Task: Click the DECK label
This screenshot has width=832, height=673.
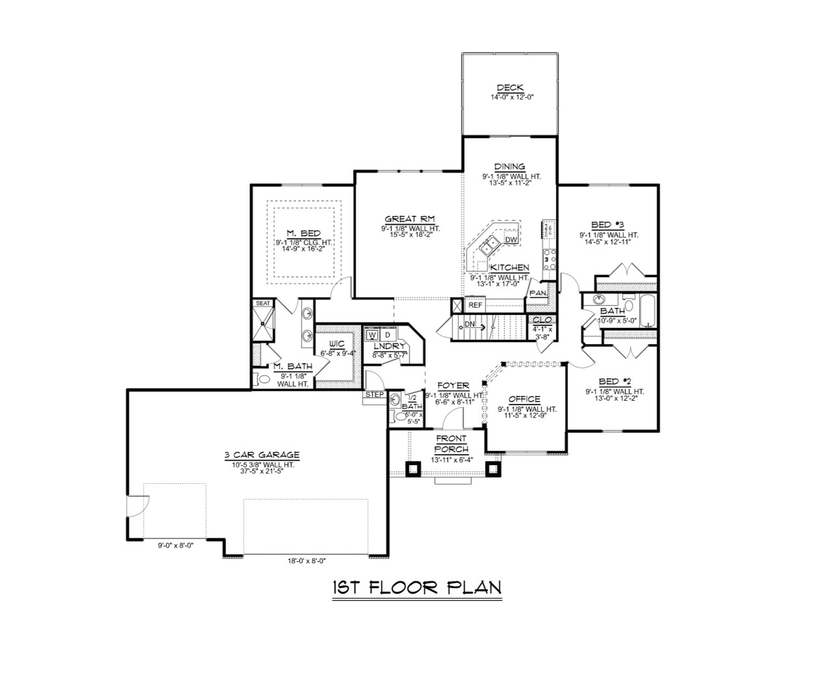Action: (x=510, y=88)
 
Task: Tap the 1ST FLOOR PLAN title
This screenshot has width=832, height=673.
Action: (x=417, y=587)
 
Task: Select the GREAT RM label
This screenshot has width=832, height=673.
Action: (x=409, y=219)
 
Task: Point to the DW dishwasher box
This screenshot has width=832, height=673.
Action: (x=511, y=240)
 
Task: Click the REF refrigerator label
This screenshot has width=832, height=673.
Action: (x=475, y=305)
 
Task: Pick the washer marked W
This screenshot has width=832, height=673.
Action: (x=372, y=335)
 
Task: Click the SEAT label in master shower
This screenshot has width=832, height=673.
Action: (x=263, y=303)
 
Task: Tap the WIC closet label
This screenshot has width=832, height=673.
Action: (x=336, y=343)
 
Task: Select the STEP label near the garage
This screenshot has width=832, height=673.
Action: (x=374, y=394)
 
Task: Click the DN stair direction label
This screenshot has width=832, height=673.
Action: (x=470, y=324)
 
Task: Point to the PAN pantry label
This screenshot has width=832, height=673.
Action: (x=538, y=293)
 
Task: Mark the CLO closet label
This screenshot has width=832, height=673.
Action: (x=541, y=320)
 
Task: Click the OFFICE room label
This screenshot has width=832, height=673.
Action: (x=524, y=399)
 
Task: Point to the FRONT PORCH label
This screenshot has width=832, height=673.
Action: (x=451, y=444)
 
